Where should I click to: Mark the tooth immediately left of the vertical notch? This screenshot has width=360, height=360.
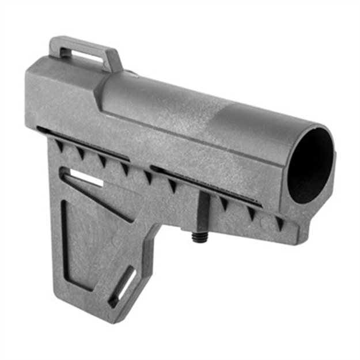tap(172, 185)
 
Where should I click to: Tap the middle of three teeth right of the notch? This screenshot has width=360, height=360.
tap(251, 213)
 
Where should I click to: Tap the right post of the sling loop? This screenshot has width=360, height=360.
tap(115, 60)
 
